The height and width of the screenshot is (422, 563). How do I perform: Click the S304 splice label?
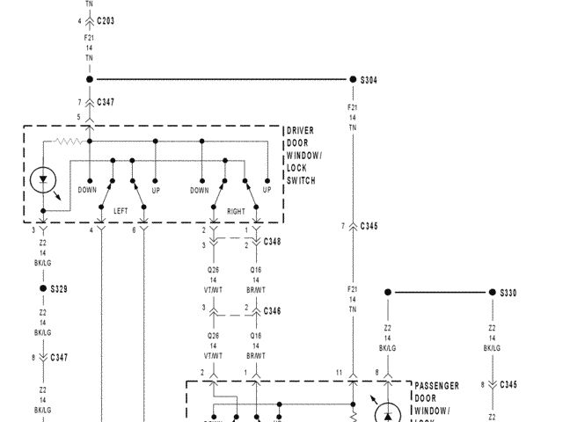(x=369, y=80)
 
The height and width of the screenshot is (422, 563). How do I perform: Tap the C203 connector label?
(x=106, y=19)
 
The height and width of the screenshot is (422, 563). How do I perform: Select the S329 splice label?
(x=59, y=288)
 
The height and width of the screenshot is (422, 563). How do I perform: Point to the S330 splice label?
(x=508, y=293)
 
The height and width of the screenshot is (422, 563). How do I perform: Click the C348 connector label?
(x=272, y=241)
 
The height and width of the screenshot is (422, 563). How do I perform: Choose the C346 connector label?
(x=272, y=311)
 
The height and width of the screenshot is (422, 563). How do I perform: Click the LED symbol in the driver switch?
(x=42, y=183)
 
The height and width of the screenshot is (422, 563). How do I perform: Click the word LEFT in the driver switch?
(x=121, y=212)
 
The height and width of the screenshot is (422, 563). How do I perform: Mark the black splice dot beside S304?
(x=353, y=80)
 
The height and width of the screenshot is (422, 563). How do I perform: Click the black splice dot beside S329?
(x=42, y=288)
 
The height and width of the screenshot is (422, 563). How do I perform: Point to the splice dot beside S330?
(x=492, y=293)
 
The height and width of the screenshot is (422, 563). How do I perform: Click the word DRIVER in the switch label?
(x=300, y=131)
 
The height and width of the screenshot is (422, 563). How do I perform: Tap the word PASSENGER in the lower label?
(x=436, y=385)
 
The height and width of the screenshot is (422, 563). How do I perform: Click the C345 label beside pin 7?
(x=369, y=227)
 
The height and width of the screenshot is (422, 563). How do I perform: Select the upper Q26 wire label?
(x=213, y=271)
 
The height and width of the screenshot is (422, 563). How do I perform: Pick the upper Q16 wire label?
(x=256, y=271)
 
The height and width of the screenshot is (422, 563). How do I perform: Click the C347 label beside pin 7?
(x=106, y=103)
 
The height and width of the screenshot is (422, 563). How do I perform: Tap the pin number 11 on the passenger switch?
(x=339, y=374)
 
